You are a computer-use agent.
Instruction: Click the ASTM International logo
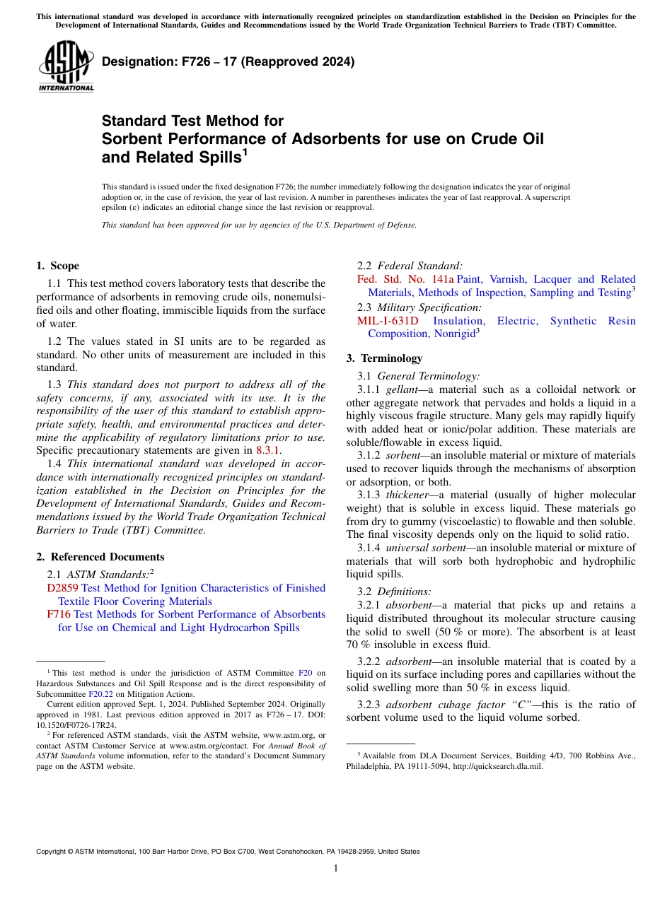[66, 67]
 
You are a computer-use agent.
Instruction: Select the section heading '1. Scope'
[57, 266]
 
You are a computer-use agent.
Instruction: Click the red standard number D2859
[63, 588]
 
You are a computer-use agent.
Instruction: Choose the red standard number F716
[59, 614]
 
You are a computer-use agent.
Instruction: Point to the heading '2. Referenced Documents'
[100, 557]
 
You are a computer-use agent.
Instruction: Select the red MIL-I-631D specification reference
[388, 321]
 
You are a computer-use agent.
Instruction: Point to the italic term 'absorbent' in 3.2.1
[408, 605]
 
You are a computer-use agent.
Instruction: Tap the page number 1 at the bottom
[336, 868]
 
